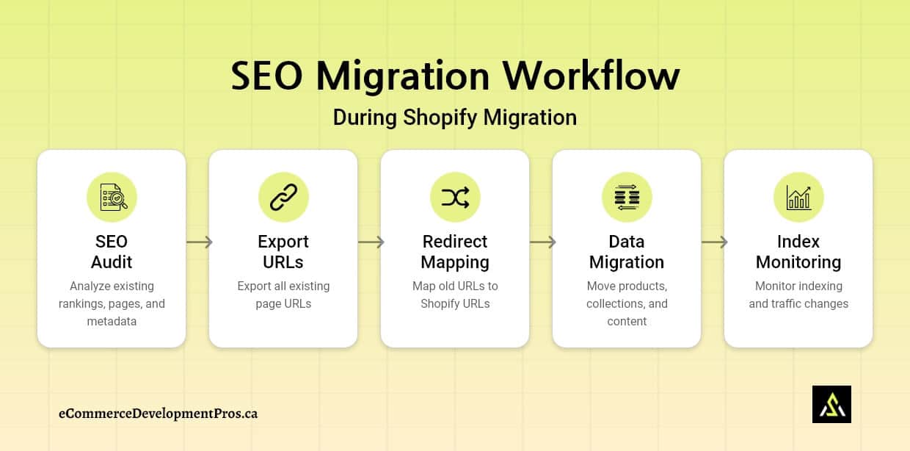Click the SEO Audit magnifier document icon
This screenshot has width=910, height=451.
(x=112, y=197)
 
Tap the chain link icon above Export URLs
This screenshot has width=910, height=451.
(x=283, y=197)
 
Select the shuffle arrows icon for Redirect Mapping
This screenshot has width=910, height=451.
(x=455, y=197)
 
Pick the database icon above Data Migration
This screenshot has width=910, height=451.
(x=627, y=197)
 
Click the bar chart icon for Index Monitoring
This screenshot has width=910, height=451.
(x=798, y=197)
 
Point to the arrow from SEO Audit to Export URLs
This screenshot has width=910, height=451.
(x=198, y=242)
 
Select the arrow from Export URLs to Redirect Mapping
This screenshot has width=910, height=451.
(x=370, y=242)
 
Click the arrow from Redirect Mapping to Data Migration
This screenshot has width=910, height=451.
(x=542, y=242)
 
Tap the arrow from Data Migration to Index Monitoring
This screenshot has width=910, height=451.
(x=713, y=242)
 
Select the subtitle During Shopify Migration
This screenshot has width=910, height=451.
(x=454, y=118)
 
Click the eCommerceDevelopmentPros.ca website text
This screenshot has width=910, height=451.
(x=158, y=414)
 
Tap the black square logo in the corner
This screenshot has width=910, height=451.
(x=831, y=404)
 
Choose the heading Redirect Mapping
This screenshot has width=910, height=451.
(x=455, y=252)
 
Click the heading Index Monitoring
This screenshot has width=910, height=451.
(x=798, y=252)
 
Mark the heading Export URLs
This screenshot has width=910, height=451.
(x=283, y=252)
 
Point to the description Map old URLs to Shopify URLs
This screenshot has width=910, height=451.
(x=455, y=295)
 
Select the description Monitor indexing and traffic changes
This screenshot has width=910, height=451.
(x=798, y=295)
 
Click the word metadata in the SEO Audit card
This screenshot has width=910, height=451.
(x=112, y=321)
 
